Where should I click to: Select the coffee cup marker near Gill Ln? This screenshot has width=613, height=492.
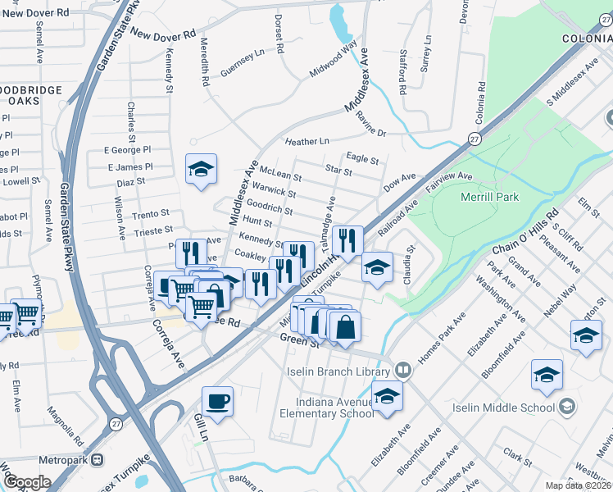[x=217, y=402]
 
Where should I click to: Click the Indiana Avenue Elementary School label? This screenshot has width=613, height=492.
[x=338, y=408]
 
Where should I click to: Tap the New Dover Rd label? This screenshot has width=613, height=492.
[x=163, y=35]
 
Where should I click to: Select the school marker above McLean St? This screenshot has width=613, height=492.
[x=201, y=169]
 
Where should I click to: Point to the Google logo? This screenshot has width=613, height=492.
[x=26, y=482]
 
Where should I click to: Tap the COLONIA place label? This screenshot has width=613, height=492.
[x=586, y=39]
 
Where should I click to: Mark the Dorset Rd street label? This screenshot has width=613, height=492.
[x=279, y=34]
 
